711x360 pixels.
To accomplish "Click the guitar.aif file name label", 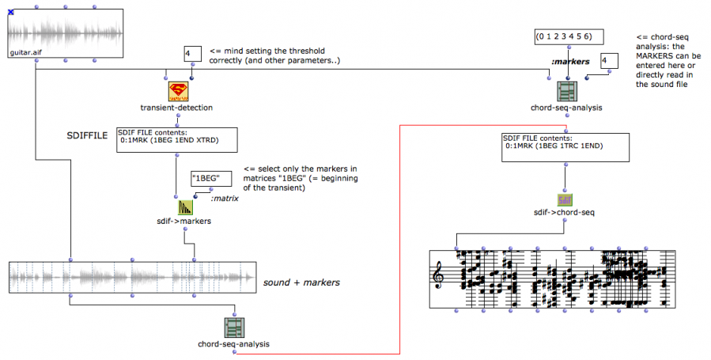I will [x=26, y=52].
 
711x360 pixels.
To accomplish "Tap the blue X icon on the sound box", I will [x=10, y=12].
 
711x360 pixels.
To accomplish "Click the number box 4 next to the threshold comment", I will [x=191, y=55].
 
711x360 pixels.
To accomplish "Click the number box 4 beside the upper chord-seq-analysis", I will [x=607, y=62].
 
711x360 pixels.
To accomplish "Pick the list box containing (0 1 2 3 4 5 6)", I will [x=567, y=36].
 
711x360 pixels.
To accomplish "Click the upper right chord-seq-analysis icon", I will [x=567, y=91].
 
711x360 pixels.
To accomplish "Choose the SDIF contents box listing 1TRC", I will [x=565, y=146].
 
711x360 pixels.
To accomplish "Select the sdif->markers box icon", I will [x=185, y=208].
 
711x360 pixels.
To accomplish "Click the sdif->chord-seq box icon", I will [x=563, y=200].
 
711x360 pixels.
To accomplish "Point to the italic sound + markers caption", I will [x=301, y=282].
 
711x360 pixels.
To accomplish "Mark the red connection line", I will [x=399, y=237].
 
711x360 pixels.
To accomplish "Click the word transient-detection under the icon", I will [x=178, y=107].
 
